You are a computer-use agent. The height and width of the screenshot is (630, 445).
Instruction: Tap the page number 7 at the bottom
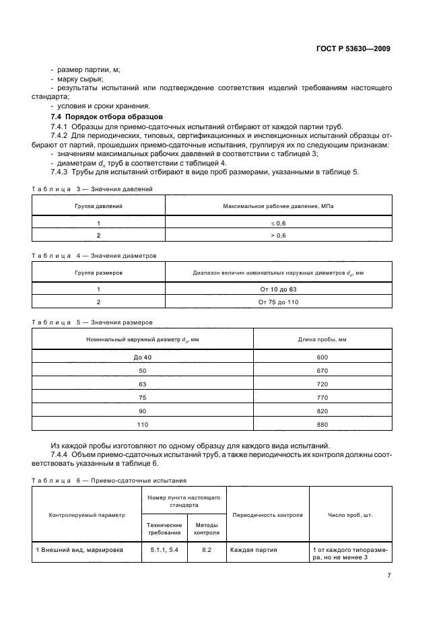pyautogui.click(x=389, y=575)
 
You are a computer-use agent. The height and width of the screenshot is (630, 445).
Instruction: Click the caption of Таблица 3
pyautogui.click(x=93, y=189)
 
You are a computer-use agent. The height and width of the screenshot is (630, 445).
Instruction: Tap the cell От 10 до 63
pyautogui.click(x=278, y=289)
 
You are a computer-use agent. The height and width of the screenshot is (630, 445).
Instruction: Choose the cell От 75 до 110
pyautogui.click(x=278, y=302)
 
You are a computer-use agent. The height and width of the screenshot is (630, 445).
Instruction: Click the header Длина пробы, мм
pyautogui.click(x=322, y=339)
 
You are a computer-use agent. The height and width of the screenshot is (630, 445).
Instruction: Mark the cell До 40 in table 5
pyautogui.click(x=142, y=357)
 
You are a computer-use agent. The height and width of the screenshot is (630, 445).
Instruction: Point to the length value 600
pyautogui.click(x=322, y=357)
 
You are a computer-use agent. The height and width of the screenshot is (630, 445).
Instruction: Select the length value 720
pyautogui.click(x=322, y=384)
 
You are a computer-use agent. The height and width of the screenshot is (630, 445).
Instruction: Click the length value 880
pyautogui.click(x=322, y=424)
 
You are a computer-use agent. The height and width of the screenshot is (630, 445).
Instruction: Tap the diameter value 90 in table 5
pyautogui.click(x=142, y=411)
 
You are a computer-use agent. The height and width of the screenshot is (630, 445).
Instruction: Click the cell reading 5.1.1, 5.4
pyautogui.click(x=161, y=549)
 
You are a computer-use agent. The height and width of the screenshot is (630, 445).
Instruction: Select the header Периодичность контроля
pyautogui.click(x=267, y=515)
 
